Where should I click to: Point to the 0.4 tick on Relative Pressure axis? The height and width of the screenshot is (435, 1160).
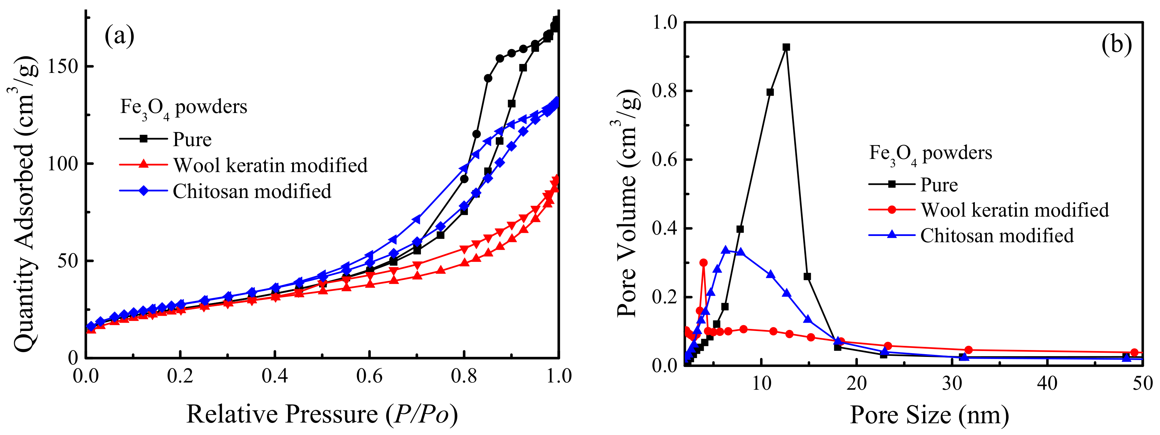pyautogui.click(x=274, y=376)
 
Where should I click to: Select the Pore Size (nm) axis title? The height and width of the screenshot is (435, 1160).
pyautogui.click(x=929, y=414)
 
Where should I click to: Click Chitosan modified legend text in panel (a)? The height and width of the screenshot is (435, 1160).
pyautogui.click(x=252, y=191)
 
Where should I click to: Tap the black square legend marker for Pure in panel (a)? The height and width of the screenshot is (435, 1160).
pyautogui.click(x=143, y=139)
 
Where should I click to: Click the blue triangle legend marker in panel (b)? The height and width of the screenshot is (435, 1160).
pyautogui.click(x=891, y=235)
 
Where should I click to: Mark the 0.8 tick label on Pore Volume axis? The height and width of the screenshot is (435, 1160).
pyautogui.click(x=665, y=91)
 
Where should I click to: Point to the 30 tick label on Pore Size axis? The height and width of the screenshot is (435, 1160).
pyautogui.click(x=952, y=384)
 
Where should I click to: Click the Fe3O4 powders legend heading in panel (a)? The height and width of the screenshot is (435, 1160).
pyautogui.click(x=183, y=107)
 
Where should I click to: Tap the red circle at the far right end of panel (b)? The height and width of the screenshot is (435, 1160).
pyautogui.click(x=1134, y=352)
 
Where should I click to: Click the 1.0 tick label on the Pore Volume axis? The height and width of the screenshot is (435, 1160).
pyautogui.click(x=665, y=22)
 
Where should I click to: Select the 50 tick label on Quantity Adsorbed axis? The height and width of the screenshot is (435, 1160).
pyautogui.click(x=68, y=261)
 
